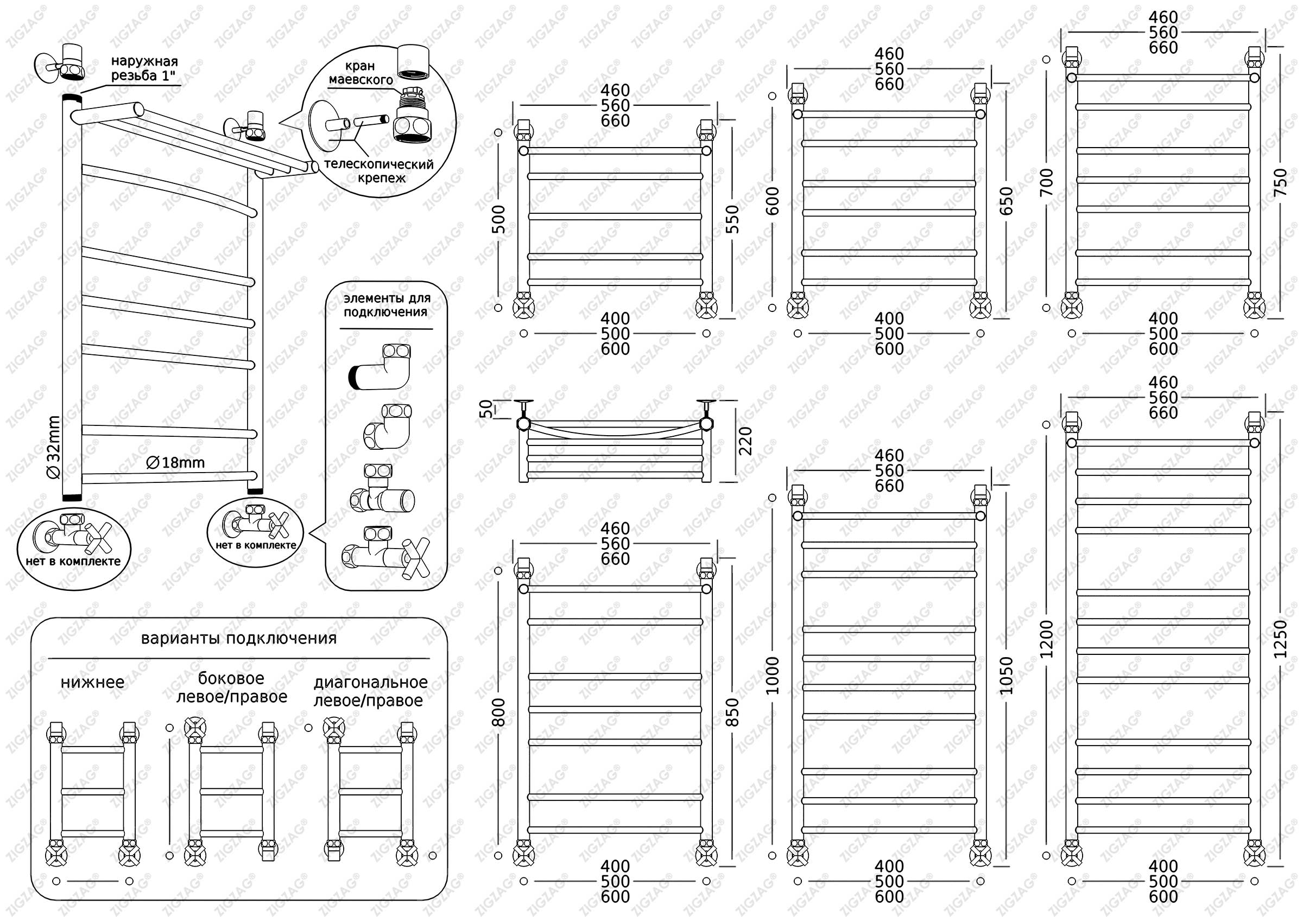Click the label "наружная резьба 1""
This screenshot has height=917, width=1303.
[144, 68]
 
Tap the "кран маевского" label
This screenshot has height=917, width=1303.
[361, 73]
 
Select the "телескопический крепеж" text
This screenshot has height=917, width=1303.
[378, 171]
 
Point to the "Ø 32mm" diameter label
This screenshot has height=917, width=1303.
[54, 447]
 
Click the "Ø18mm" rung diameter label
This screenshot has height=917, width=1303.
[175, 463]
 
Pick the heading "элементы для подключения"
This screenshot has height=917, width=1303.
[387, 305]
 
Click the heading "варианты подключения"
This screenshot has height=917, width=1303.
[238, 639]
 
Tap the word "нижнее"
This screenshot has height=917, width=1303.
[92, 682]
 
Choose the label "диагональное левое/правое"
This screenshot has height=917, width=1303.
[370, 691]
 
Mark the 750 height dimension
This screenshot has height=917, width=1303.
[1281, 183]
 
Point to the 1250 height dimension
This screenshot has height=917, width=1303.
[1281, 639]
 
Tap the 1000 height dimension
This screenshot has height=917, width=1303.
[773, 676]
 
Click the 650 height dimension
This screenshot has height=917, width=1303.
[1006, 201]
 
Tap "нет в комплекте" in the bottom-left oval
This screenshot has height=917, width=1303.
[73, 562]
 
